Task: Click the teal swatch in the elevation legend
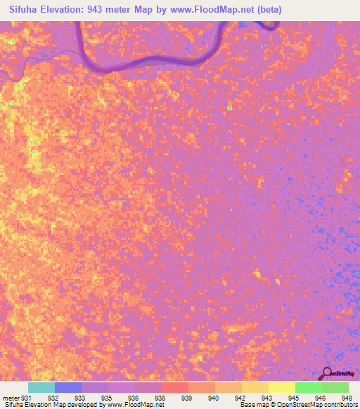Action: tap(41, 387)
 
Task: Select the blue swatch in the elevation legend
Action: tap(68, 387)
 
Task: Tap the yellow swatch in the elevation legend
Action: tap(282, 387)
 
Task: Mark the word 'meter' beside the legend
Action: tap(10, 397)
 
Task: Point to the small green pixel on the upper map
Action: tap(230, 108)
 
